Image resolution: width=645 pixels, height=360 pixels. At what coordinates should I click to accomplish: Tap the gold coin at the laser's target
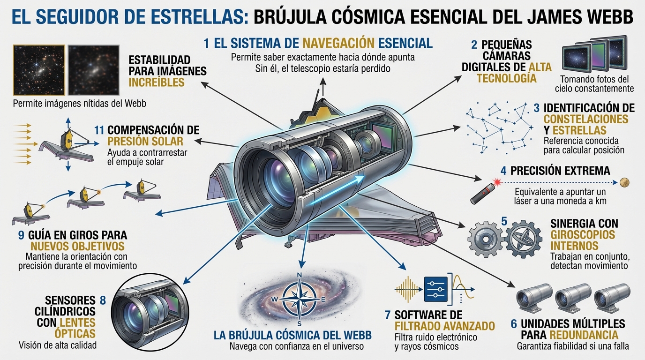coord(624,182)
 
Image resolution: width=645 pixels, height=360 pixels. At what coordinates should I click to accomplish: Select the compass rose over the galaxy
coord(300,299)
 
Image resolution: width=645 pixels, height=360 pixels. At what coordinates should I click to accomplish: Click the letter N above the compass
coord(299,275)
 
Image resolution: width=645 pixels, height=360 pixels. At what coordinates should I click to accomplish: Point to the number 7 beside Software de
coord(388,315)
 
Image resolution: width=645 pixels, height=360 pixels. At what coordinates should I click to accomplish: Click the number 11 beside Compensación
coord(99,130)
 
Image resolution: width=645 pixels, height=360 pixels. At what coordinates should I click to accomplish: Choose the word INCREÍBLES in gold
coord(157,82)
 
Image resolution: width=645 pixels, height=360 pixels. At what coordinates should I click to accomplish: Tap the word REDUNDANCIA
coord(584,335)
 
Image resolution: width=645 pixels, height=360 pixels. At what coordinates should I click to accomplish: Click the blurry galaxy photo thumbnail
coord(94,70)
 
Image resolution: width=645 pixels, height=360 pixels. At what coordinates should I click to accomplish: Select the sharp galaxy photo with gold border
coord(39,70)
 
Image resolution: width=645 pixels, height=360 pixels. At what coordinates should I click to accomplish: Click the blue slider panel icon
coord(435,289)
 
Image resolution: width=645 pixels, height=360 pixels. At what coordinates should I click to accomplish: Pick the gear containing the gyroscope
coord(524,239)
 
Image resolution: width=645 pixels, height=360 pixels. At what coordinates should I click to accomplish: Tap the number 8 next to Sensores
coord(103,300)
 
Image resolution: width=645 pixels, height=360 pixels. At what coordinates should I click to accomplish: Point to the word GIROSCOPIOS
coord(583,235)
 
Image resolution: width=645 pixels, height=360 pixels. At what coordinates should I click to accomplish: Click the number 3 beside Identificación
coord(536,108)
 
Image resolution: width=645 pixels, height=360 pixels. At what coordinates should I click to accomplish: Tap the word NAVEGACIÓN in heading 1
coord(338,43)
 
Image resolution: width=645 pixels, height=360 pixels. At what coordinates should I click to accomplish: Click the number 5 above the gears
coord(504,221)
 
